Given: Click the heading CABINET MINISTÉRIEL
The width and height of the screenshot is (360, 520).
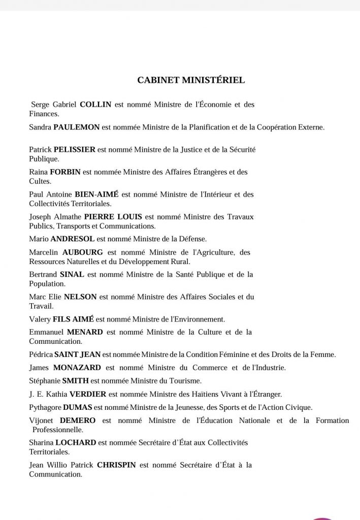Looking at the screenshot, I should click(x=191, y=80).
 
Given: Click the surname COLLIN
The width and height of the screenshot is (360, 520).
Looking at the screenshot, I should click(x=96, y=105).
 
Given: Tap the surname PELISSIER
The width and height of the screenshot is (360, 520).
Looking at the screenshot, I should click(x=76, y=149).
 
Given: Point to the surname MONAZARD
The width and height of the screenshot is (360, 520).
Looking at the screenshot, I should click(x=76, y=367).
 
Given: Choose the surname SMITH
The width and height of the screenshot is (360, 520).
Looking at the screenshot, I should click(x=75, y=380).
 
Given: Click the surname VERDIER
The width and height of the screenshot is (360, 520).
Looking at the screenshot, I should click(x=86, y=394).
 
